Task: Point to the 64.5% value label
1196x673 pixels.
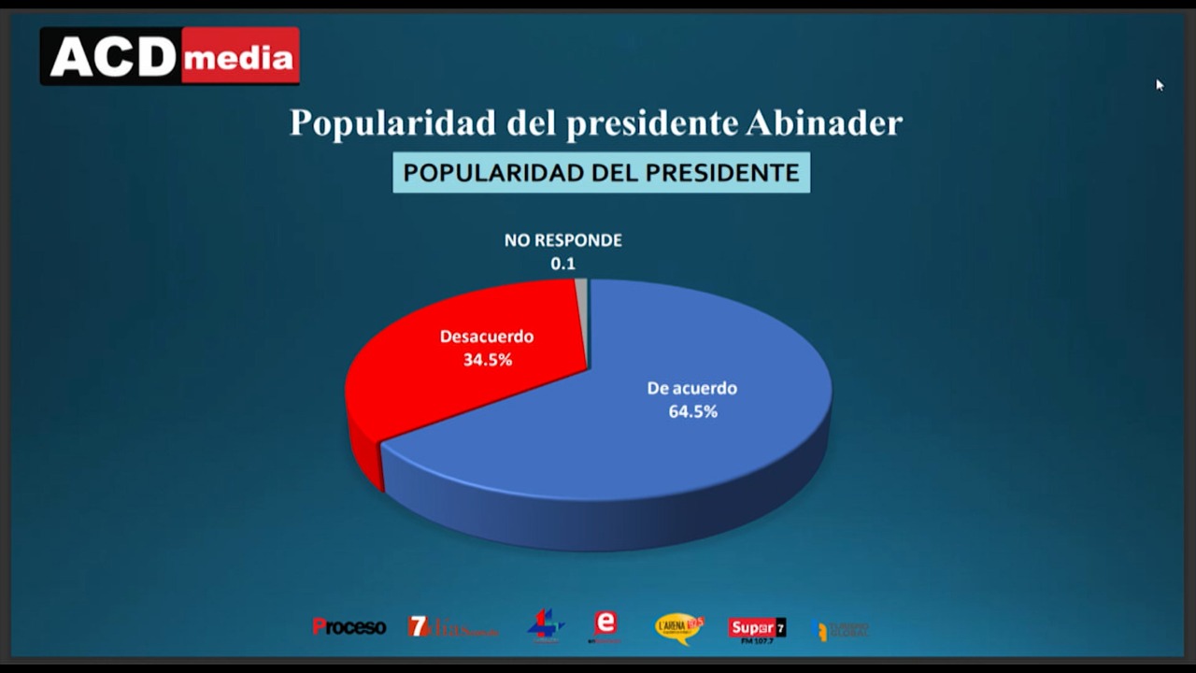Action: (x=692, y=411)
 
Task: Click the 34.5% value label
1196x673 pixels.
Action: (x=487, y=359)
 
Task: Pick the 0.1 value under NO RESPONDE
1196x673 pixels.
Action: (x=562, y=264)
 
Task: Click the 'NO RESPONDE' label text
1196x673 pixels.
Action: (x=562, y=240)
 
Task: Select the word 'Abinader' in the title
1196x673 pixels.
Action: (x=823, y=122)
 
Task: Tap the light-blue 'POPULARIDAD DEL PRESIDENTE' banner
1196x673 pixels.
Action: (x=601, y=173)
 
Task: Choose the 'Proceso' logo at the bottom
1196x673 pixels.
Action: (x=349, y=627)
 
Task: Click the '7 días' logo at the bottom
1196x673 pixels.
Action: (x=451, y=627)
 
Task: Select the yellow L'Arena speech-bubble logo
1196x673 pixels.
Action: (x=677, y=627)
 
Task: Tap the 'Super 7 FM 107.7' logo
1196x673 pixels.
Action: (x=757, y=628)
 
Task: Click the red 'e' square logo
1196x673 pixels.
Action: (x=605, y=624)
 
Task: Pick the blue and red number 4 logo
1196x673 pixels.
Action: (x=545, y=625)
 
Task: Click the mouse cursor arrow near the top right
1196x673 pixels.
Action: (x=1159, y=84)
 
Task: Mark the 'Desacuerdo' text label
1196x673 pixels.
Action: (x=487, y=336)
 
